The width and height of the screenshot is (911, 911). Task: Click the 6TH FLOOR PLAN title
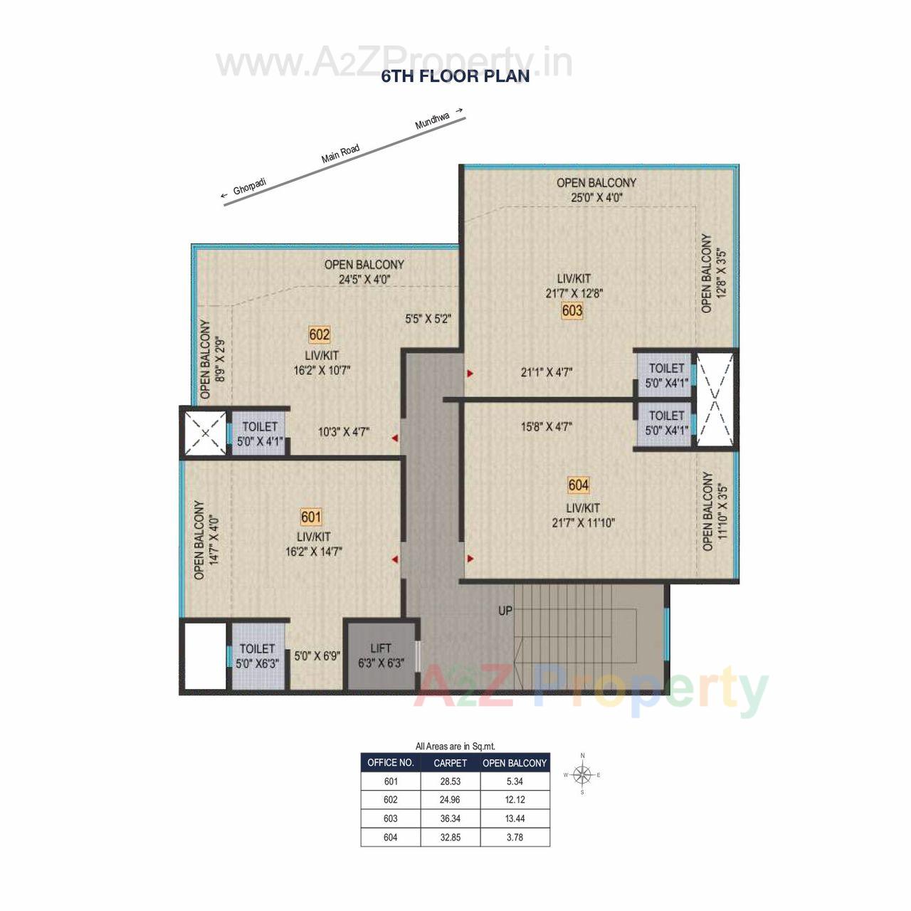[455, 76]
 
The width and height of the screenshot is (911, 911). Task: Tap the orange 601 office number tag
[311, 517]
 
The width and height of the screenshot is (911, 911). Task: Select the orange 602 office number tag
[320, 335]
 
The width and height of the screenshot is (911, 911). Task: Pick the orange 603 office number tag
[572, 310]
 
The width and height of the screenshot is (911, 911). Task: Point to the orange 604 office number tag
[578, 485]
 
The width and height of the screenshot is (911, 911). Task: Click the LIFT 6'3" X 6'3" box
[381, 655]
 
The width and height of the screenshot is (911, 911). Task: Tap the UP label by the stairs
[505, 611]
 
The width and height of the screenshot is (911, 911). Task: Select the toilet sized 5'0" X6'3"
[258, 656]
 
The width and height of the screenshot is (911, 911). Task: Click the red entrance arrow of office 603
[470, 373]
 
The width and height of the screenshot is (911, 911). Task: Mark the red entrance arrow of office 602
[394, 439]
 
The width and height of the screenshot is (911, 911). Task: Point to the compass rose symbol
[583, 774]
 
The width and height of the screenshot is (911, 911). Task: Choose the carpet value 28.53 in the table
[450, 781]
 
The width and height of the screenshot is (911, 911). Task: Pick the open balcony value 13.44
[515, 818]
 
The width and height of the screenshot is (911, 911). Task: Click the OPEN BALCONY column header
[515, 763]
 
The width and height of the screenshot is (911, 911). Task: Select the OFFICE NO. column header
[391, 763]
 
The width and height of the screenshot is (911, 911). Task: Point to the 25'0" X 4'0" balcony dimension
[596, 198]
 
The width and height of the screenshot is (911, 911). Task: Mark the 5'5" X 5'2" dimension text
[428, 320]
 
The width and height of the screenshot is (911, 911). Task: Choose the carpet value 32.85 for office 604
[450, 838]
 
